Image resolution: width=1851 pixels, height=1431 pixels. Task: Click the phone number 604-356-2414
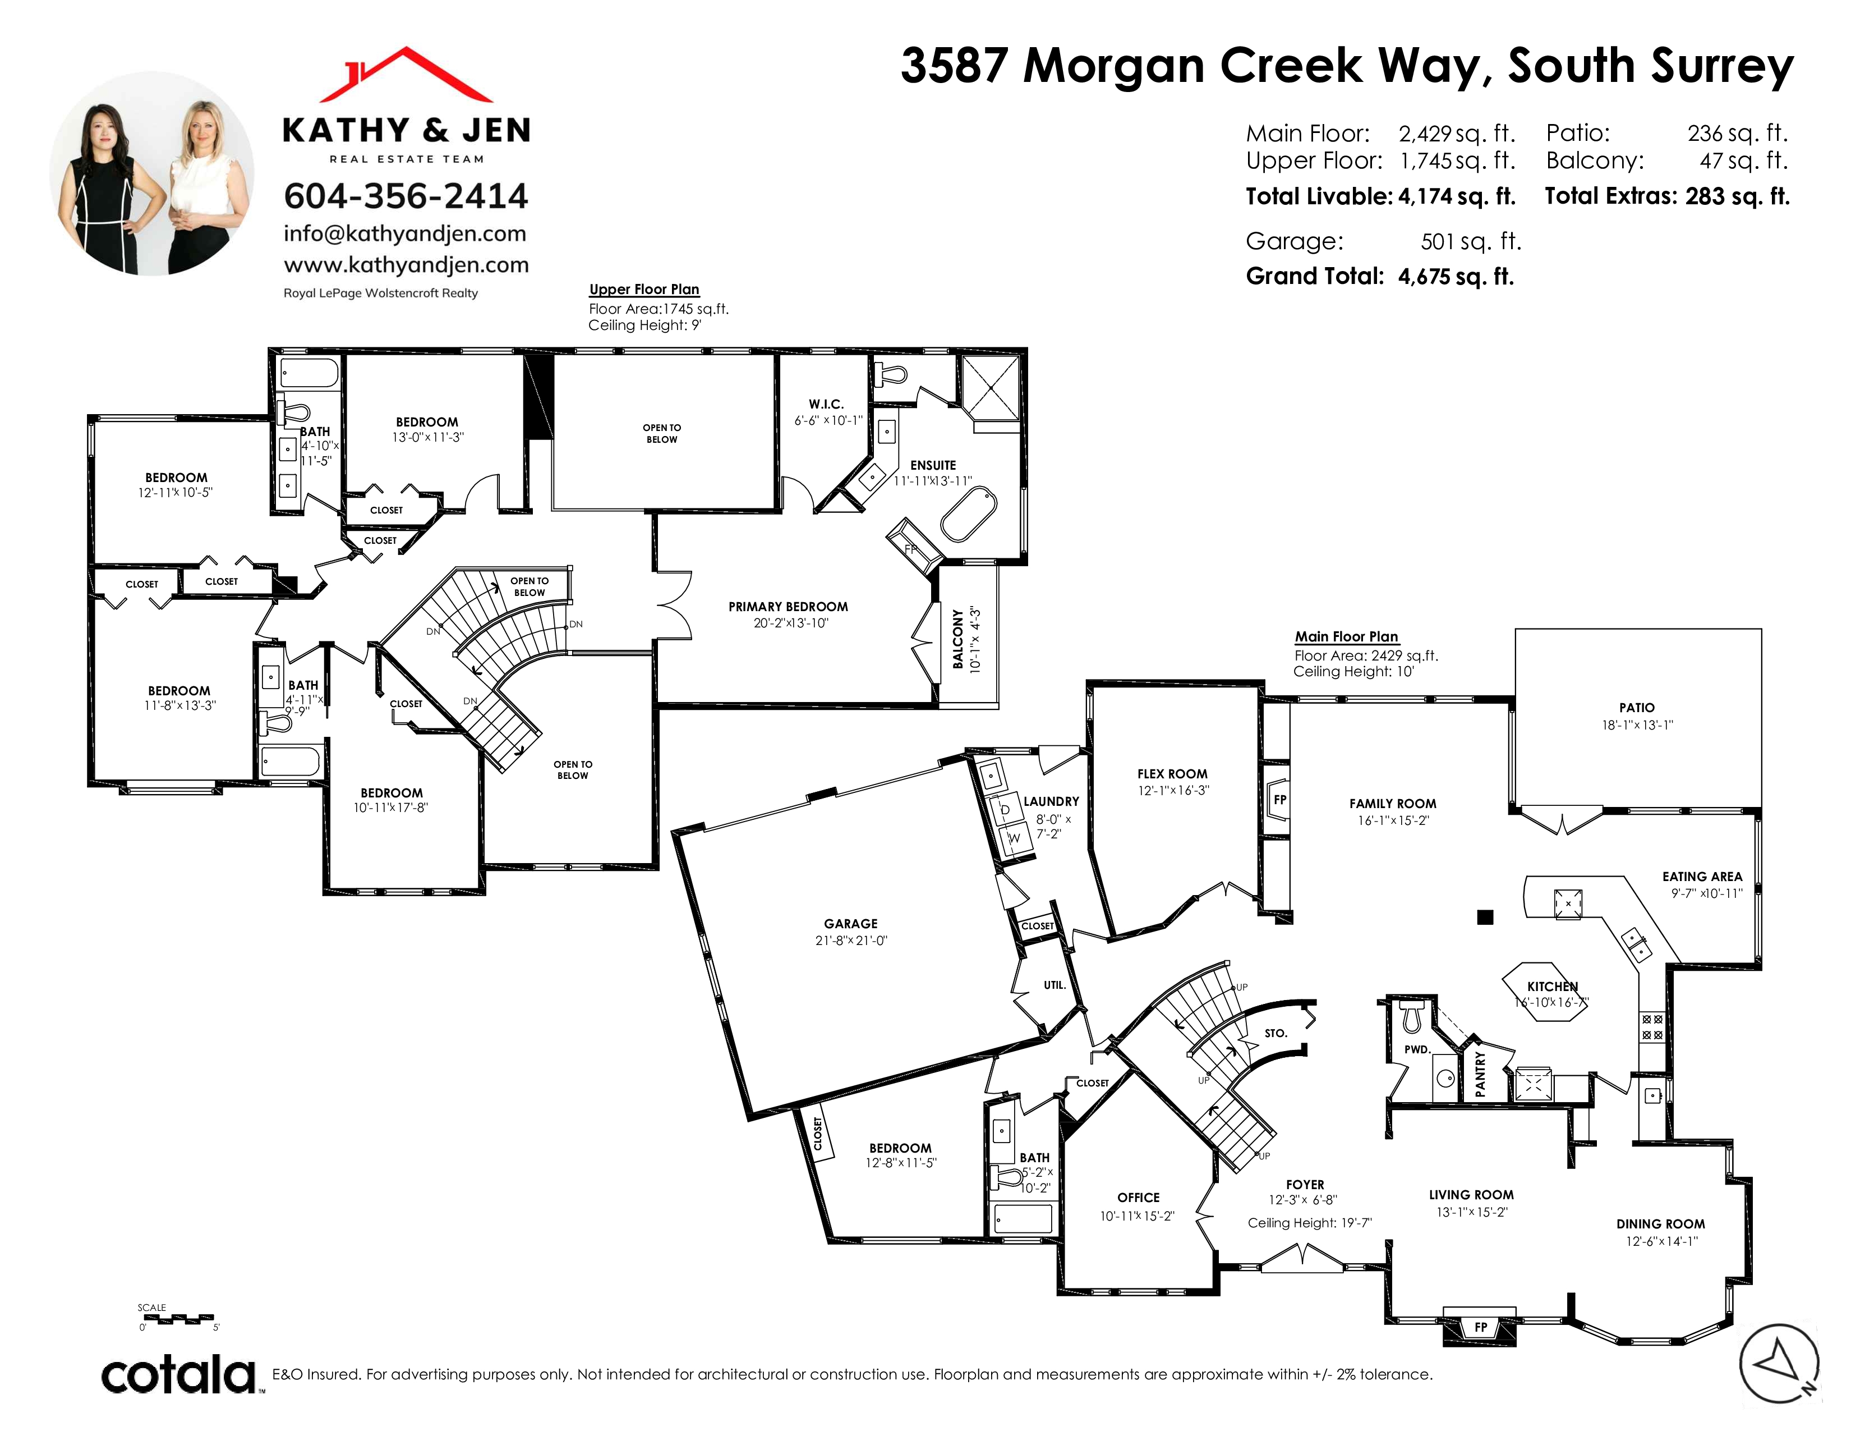(406, 196)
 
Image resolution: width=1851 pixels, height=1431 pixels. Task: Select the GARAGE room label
(851, 924)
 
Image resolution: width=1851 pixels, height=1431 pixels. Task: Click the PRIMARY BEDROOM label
(788, 607)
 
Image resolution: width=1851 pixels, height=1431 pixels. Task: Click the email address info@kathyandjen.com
(405, 234)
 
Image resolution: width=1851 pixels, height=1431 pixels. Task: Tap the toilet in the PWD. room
(1411, 1017)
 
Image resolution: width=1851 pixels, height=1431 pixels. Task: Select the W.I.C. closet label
(826, 405)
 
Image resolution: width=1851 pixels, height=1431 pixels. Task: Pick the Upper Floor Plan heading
(644, 289)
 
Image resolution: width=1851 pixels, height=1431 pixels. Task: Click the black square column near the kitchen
(1485, 916)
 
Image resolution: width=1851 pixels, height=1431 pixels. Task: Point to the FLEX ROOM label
(1172, 774)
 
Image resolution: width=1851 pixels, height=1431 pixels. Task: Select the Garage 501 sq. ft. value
(1471, 242)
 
